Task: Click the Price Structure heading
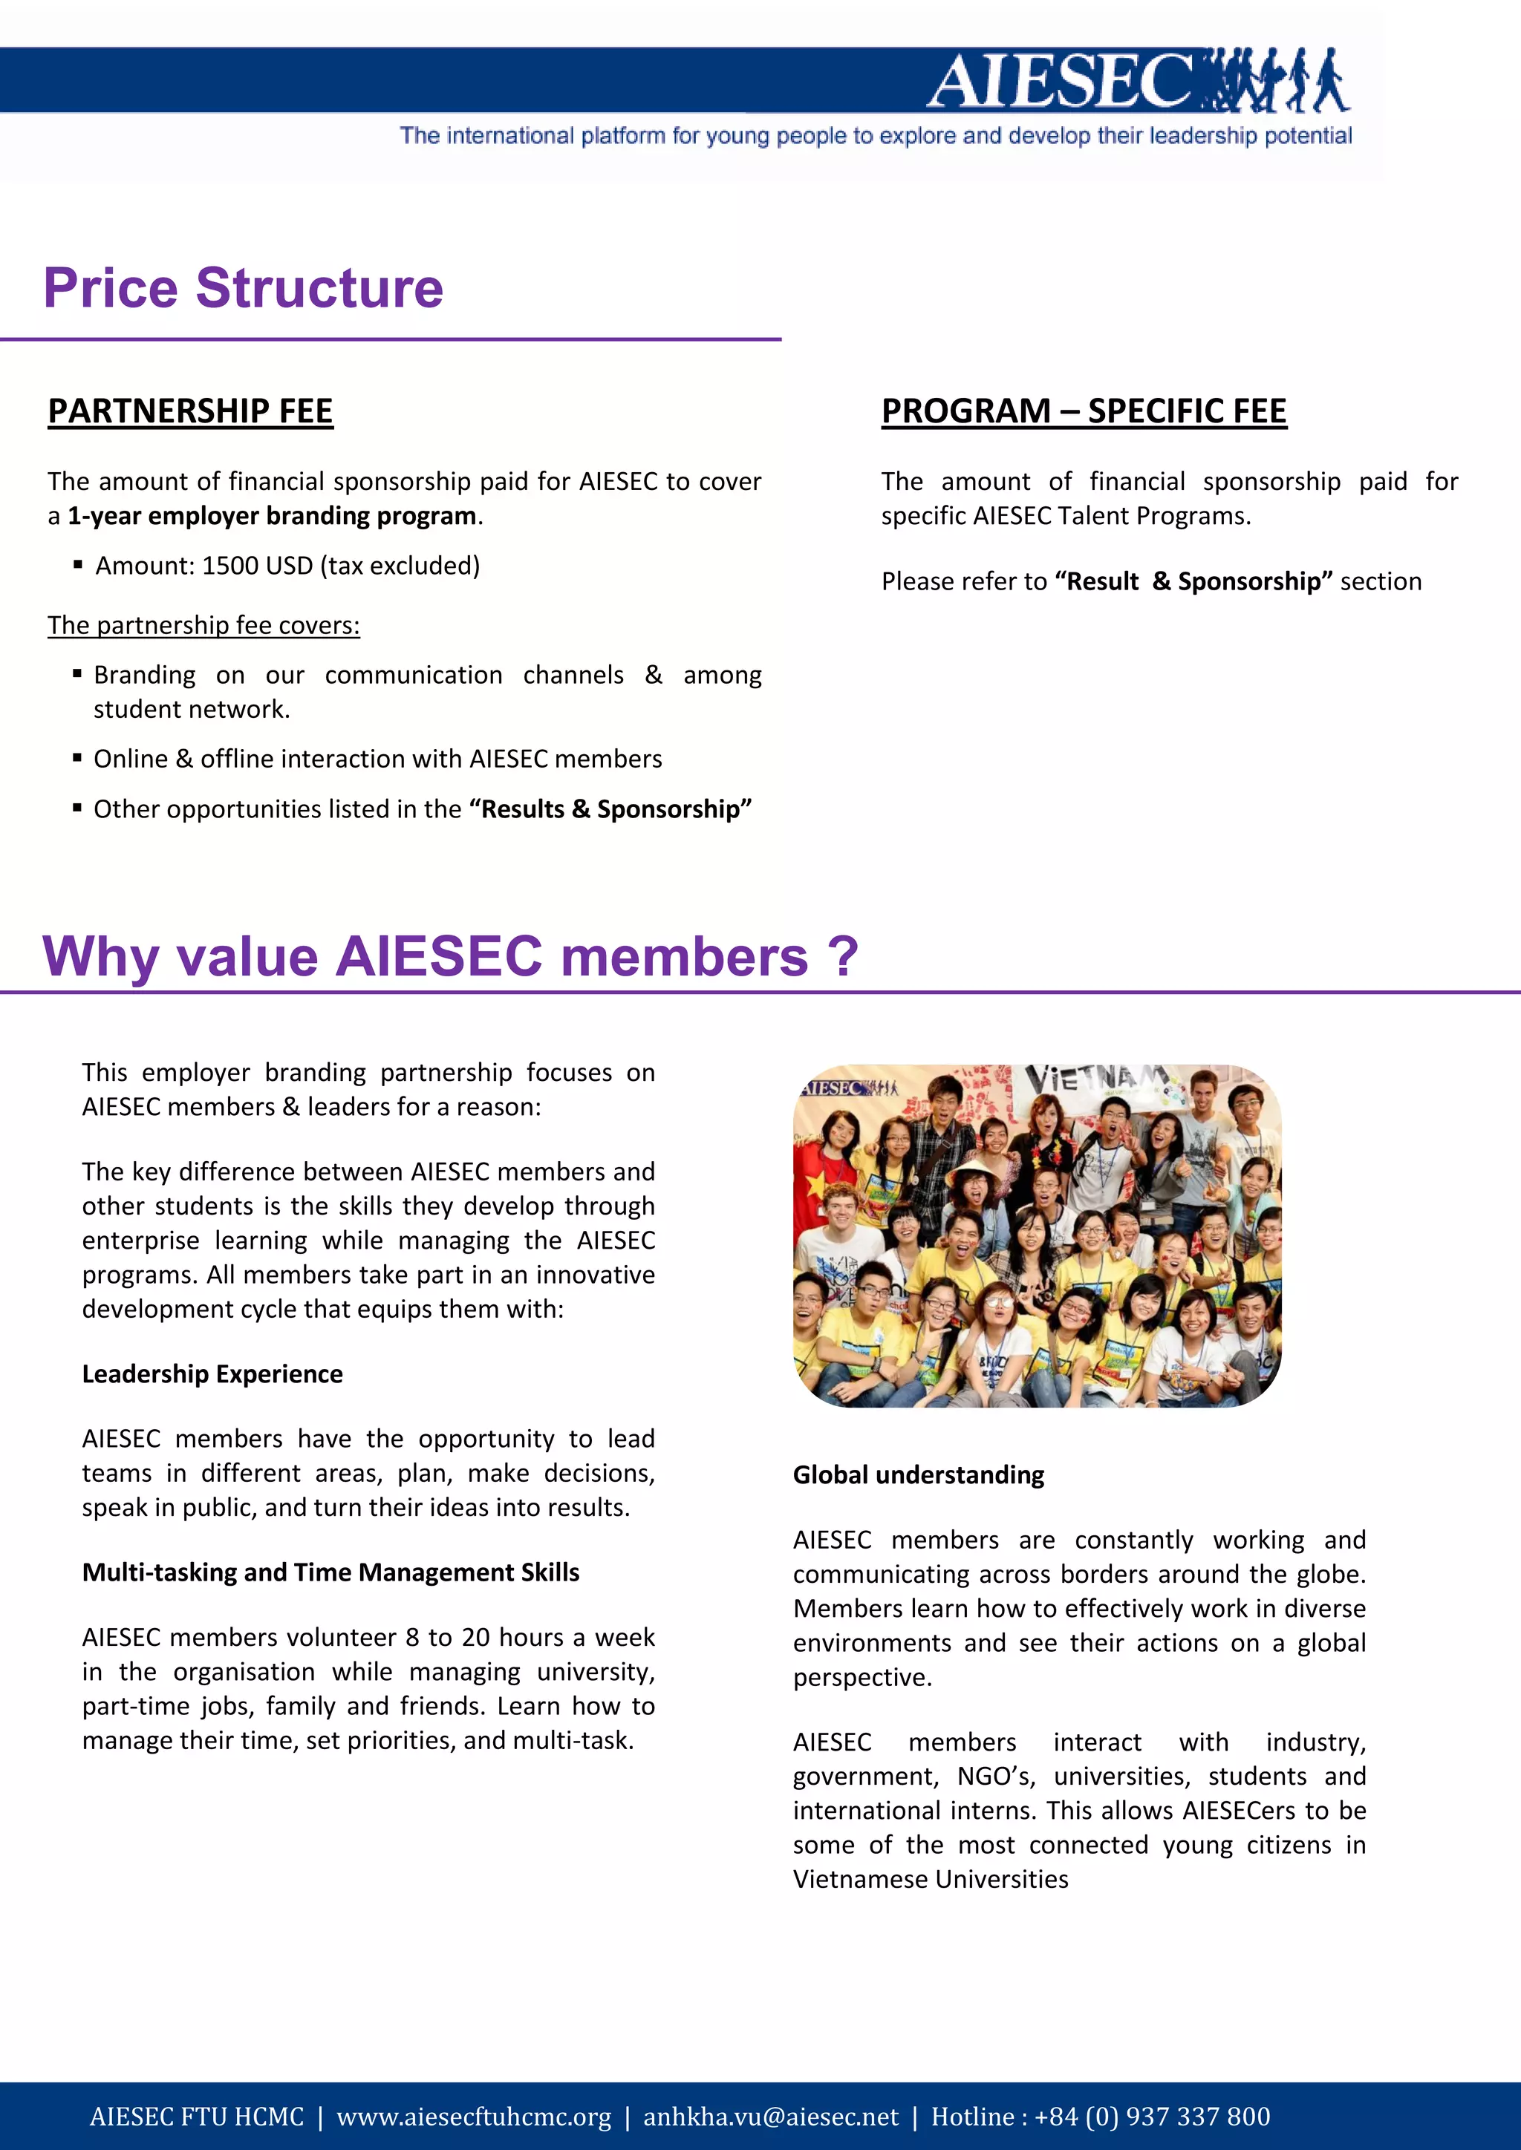click(243, 287)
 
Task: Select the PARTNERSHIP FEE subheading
click(190, 411)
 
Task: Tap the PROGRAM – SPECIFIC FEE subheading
click(1084, 411)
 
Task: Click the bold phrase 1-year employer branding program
click(272, 516)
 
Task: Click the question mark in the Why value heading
click(843, 956)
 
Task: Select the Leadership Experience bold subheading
click(212, 1373)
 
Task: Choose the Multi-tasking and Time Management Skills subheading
click(330, 1572)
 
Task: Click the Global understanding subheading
click(918, 1475)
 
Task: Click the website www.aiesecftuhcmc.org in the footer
click(473, 2117)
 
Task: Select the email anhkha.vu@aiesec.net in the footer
click(770, 2117)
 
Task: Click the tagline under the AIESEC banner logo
click(876, 136)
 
